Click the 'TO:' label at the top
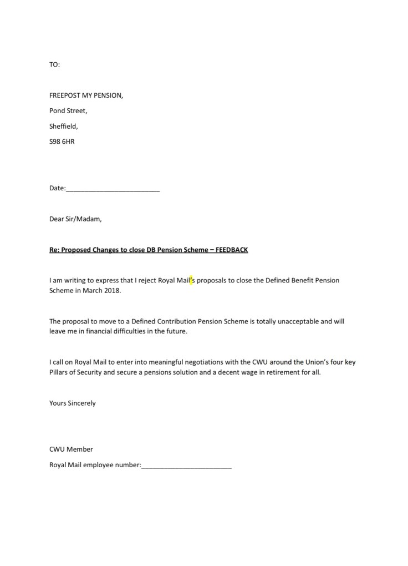[x=54, y=64]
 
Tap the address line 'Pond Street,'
[x=68, y=110]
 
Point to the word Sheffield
[x=63, y=126]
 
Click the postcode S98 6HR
[x=62, y=141]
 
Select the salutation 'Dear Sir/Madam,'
[x=75, y=219]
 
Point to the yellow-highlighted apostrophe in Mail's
[x=191, y=280]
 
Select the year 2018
[x=111, y=291]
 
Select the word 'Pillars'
[x=59, y=372]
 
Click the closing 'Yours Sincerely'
[x=72, y=403]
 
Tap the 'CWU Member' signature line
[x=71, y=449]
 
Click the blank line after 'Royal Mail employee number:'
[x=186, y=466]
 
